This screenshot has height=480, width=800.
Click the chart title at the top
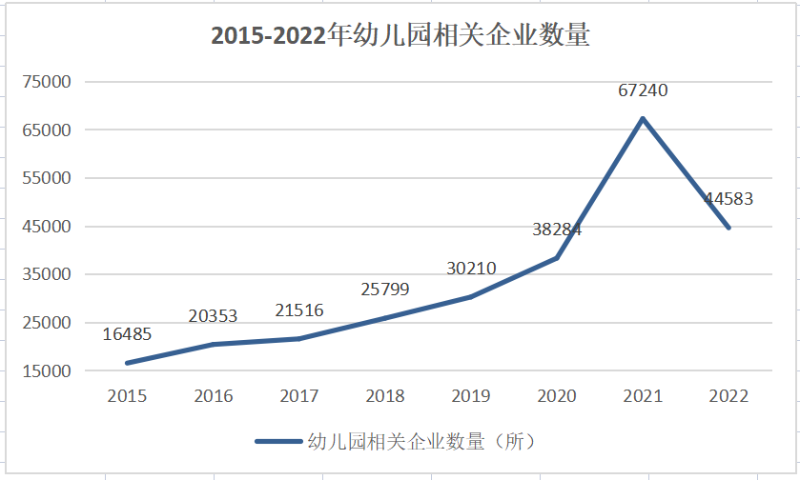pyautogui.click(x=400, y=35)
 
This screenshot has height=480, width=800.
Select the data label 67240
pyautogui.click(x=643, y=90)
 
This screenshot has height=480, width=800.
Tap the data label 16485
pyautogui.click(x=128, y=334)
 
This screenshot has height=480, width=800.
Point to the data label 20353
pyautogui.click(x=213, y=315)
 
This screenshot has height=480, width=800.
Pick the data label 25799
pyautogui.click(x=385, y=288)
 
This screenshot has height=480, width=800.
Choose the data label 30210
pyautogui.click(x=471, y=268)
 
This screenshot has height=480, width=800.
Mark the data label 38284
pyautogui.click(x=557, y=230)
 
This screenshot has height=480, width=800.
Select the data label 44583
pyautogui.click(x=728, y=199)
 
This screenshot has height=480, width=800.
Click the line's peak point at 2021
pyautogui.click(x=643, y=118)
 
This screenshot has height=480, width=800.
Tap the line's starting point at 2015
pyautogui.click(x=127, y=363)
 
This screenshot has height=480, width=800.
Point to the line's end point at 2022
pyautogui.click(x=729, y=228)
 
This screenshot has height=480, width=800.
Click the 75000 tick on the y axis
pyautogui.click(x=47, y=82)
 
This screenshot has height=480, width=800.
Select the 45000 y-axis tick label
pyautogui.click(x=47, y=227)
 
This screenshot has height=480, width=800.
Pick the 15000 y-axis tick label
pyautogui.click(x=47, y=371)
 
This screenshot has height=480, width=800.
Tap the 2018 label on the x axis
pyautogui.click(x=385, y=396)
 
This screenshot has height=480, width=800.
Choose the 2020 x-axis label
pyautogui.click(x=557, y=396)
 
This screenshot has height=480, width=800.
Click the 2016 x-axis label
pyautogui.click(x=213, y=396)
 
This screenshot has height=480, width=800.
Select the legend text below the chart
pyautogui.click(x=421, y=441)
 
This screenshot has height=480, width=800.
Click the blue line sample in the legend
pyautogui.click(x=278, y=441)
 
